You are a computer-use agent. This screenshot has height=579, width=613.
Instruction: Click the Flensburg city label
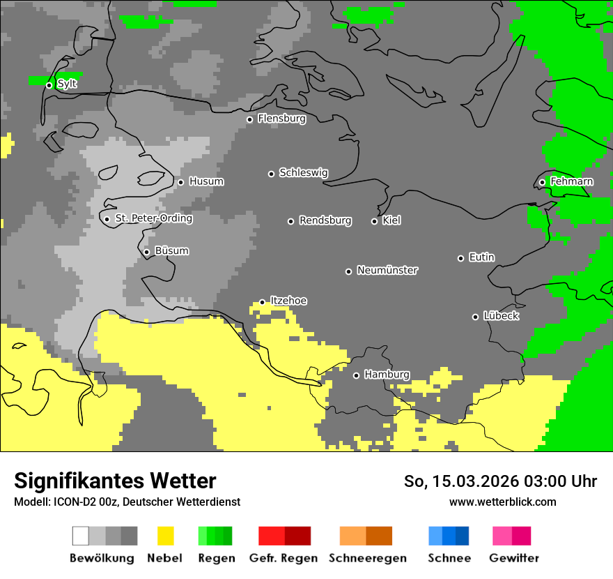(281, 119)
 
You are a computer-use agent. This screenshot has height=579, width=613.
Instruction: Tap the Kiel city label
(391, 220)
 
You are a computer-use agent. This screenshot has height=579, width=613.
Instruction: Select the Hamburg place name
(387, 375)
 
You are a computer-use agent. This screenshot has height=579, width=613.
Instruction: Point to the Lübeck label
(501, 316)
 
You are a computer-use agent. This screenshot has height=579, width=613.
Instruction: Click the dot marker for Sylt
(49, 85)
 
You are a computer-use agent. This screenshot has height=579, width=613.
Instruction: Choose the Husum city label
(206, 181)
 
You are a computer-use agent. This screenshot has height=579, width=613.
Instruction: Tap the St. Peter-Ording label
(153, 218)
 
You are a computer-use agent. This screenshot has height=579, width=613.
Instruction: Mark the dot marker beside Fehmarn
(542, 183)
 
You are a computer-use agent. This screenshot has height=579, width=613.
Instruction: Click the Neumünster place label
(387, 270)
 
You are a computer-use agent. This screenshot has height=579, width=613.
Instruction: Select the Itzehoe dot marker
(262, 302)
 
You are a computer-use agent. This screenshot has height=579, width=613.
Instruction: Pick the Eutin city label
(481, 257)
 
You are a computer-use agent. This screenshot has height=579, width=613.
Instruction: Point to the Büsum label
(171, 251)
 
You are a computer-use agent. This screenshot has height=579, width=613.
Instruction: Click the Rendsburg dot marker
(290, 221)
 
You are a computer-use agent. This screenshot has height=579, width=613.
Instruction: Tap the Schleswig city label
(303, 172)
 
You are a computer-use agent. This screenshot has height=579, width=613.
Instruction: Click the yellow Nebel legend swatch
(165, 536)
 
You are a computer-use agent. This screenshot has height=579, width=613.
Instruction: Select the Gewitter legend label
(513, 558)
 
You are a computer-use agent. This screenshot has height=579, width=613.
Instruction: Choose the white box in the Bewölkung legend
(81, 536)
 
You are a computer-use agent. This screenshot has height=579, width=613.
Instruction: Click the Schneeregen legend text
(367, 558)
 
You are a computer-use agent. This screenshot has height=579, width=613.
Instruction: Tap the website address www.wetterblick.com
(502, 502)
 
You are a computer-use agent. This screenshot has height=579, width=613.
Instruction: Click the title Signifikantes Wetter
(115, 481)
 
